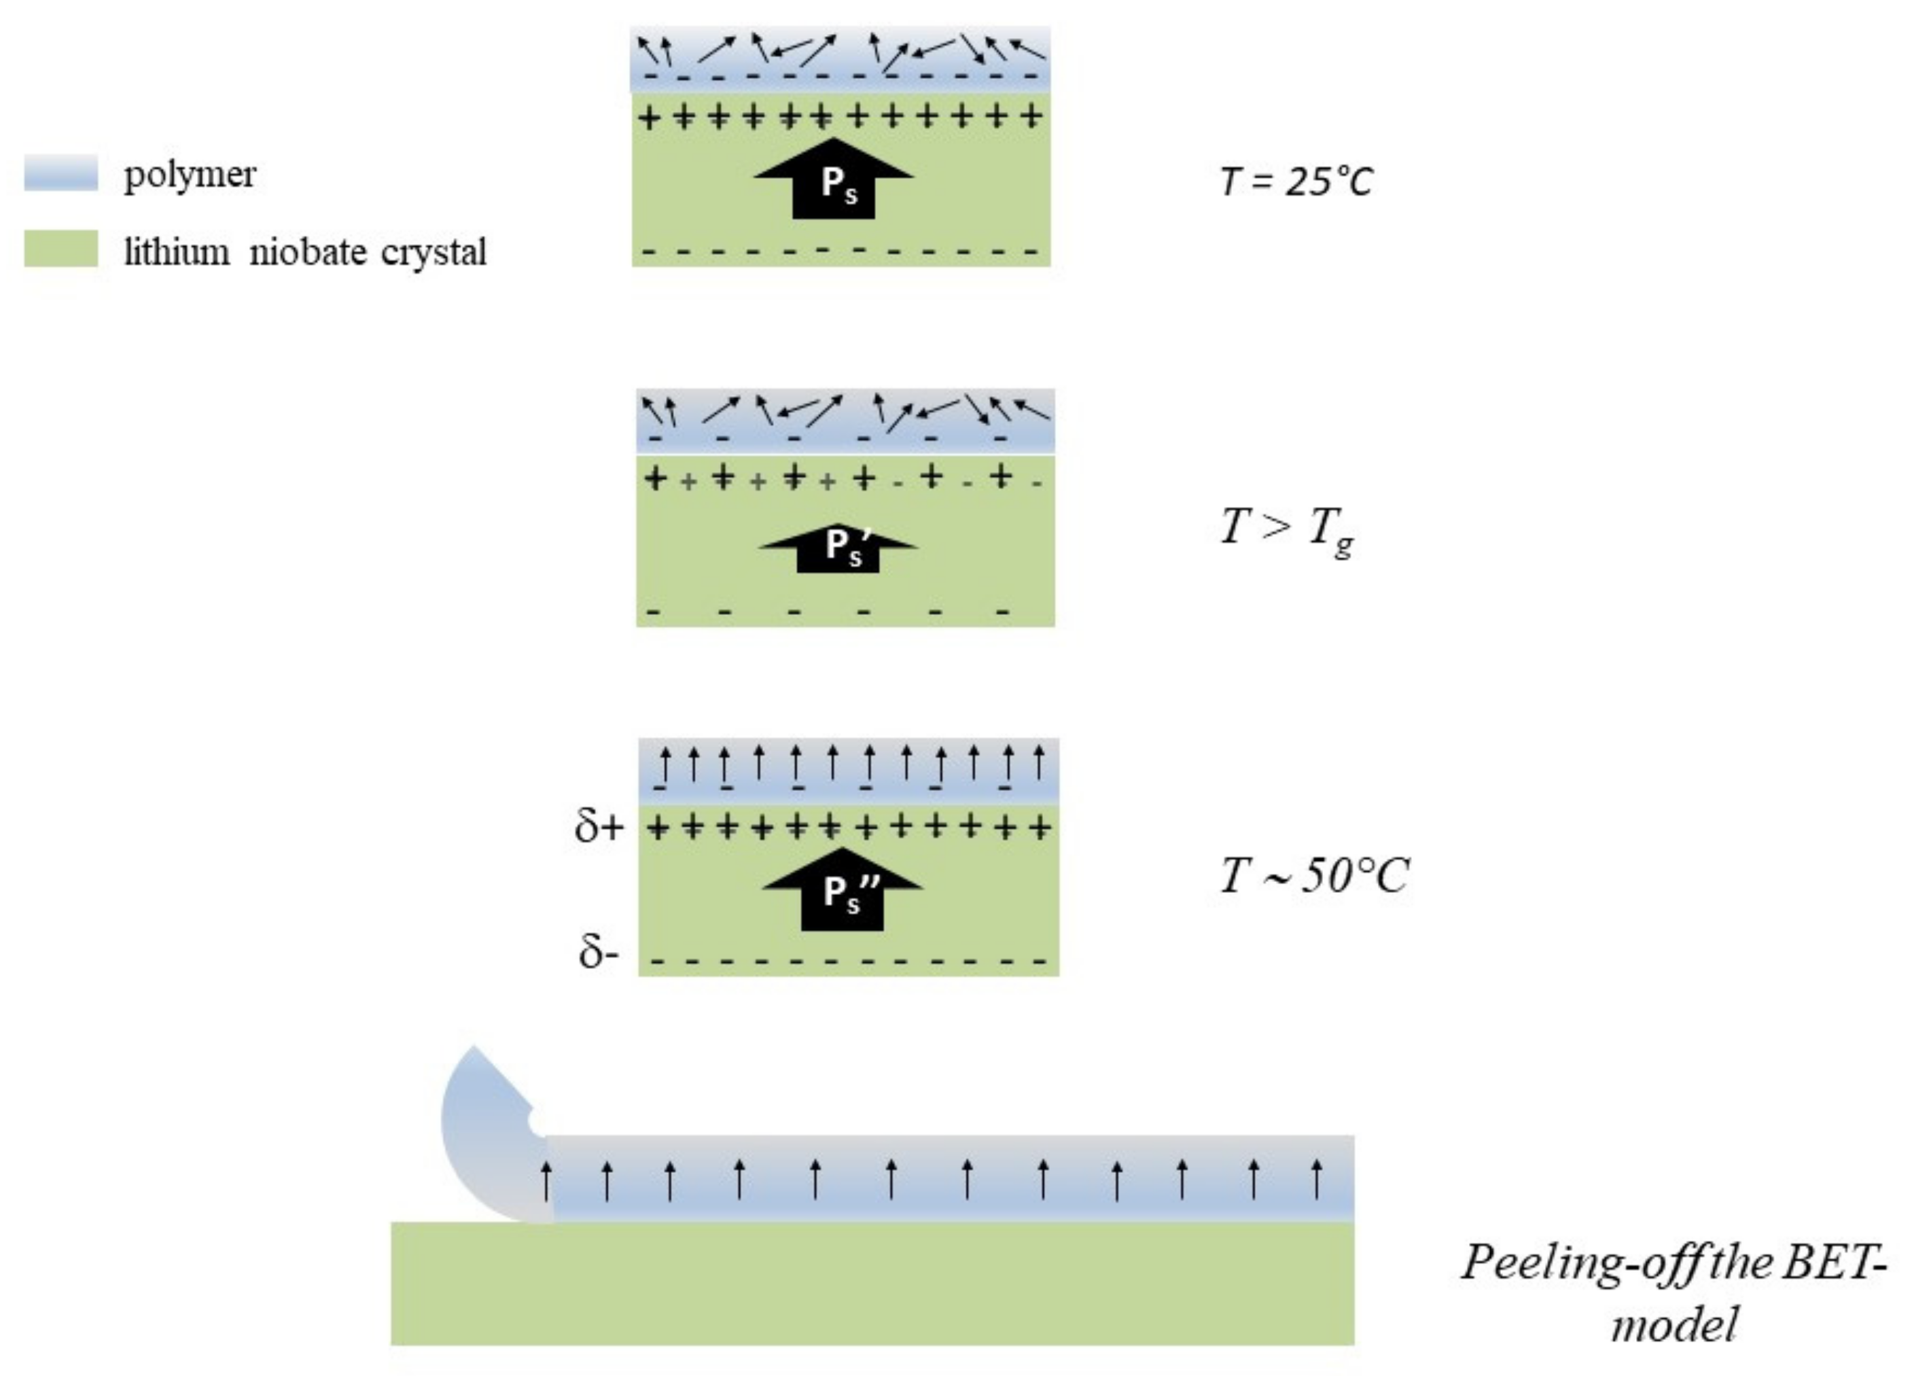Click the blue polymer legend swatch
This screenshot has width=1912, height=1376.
pos(60,173)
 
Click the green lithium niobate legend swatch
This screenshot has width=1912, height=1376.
pos(60,249)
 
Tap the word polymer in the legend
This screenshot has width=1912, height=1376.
pos(190,175)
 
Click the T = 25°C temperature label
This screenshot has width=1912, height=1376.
pos(1296,181)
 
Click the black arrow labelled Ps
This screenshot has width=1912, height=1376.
pos(834,179)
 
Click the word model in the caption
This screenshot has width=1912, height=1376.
pos(1674,1323)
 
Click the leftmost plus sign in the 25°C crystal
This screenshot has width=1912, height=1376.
pos(648,117)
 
